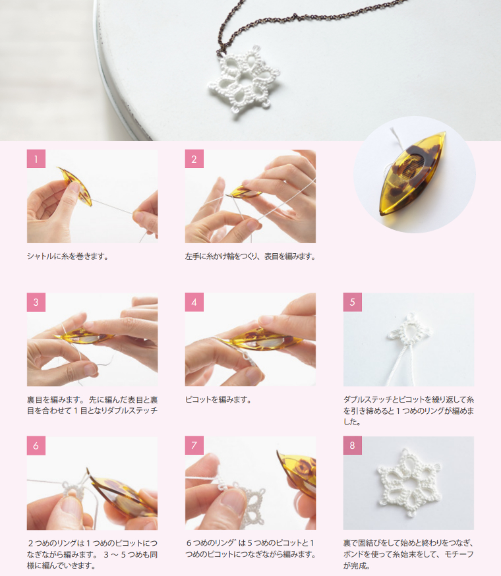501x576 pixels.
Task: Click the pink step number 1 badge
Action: (x=36, y=159)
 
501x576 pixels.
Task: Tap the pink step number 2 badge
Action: (x=194, y=159)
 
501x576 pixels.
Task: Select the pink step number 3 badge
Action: (x=36, y=302)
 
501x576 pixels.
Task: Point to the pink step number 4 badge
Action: (x=194, y=302)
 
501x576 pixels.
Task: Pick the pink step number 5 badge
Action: (x=353, y=302)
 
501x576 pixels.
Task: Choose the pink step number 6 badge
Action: (x=36, y=446)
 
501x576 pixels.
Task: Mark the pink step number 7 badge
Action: (x=194, y=446)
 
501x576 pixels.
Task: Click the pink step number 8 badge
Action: (x=353, y=446)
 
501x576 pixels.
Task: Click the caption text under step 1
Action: (x=68, y=256)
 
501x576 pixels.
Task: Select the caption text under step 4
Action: (x=218, y=399)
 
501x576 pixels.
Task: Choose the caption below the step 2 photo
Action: (x=250, y=256)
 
